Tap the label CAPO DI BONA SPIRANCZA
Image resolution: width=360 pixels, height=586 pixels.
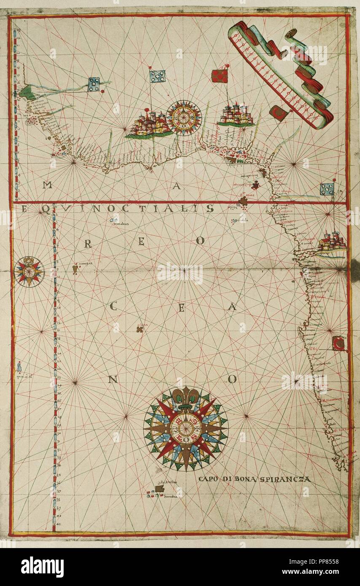coord(254,479)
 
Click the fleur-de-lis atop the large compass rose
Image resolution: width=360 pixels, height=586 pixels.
coord(185,397)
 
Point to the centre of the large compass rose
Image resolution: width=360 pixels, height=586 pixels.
coord(185,428)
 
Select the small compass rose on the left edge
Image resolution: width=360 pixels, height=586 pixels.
coord(29,271)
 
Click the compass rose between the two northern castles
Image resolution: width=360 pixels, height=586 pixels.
coord(184,117)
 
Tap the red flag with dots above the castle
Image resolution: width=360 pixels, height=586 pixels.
coord(220,76)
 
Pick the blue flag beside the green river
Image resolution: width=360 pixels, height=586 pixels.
coord(94,84)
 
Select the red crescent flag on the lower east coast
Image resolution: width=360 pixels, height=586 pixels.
coord(339,344)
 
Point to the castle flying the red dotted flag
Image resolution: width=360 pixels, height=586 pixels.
coord(236,115)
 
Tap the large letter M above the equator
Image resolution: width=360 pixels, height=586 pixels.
coord(48,185)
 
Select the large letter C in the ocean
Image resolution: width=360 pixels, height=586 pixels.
coord(113,306)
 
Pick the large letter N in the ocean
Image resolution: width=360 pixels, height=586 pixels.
coord(112,379)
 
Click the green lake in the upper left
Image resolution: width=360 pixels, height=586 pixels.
coord(29,92)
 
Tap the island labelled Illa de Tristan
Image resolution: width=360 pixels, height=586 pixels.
coord(160,488)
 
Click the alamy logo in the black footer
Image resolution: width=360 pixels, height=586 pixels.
coord(43,567)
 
